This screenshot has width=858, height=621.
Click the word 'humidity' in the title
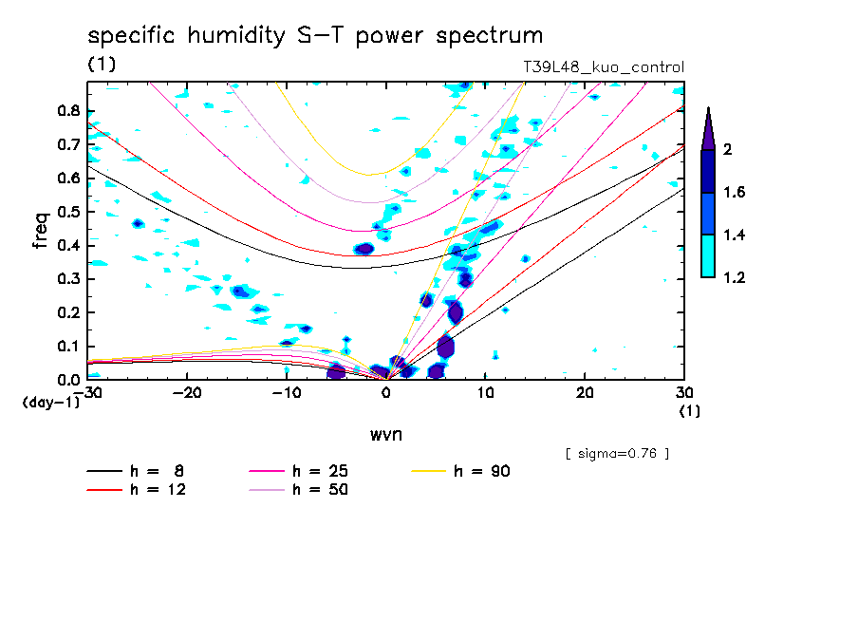236,36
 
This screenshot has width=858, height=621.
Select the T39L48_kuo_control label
604,67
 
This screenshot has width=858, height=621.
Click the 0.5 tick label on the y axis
68,212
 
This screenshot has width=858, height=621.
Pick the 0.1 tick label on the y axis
68,347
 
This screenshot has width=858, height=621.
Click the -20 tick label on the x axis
187,393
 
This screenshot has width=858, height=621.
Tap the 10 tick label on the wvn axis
485,393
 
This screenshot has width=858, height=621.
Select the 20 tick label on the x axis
585,393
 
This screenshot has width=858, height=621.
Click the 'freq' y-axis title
41,231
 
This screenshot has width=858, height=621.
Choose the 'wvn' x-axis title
386,435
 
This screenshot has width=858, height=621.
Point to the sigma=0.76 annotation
617,454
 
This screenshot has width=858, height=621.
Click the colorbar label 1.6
735,192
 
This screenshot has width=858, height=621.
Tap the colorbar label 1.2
735,277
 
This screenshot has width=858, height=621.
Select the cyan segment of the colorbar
708,256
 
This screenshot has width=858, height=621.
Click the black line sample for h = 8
104,471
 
